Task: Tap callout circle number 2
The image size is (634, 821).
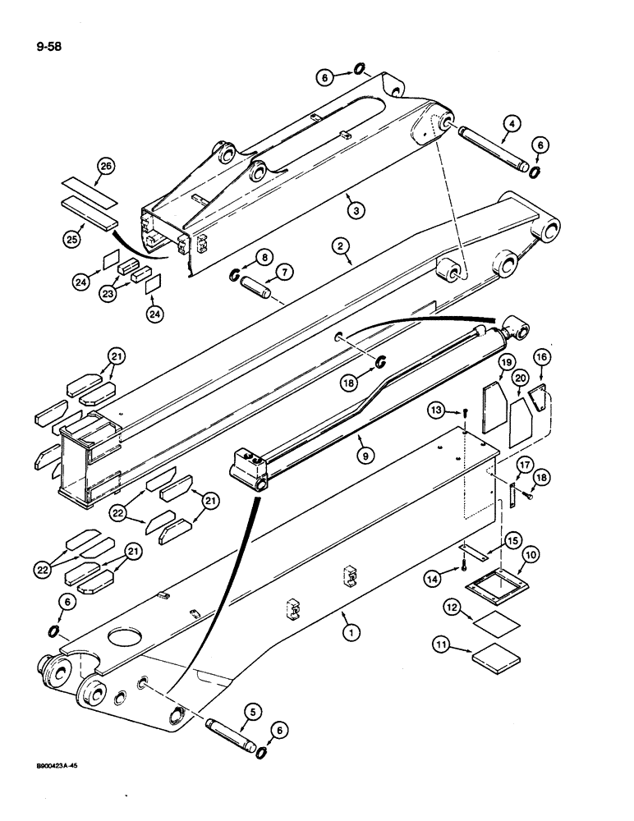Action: tap(338, 244)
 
